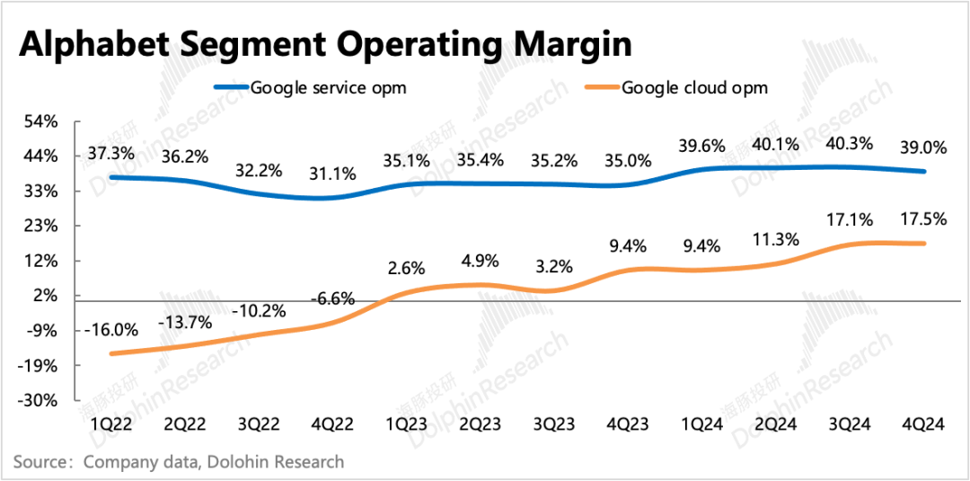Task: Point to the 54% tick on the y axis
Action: click(40, 121)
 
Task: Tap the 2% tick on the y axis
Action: click(45, 296)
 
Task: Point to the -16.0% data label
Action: click(112, 329)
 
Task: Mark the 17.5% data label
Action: click(922, 218)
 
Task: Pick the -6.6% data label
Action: click(334, 298)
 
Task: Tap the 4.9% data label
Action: click(480, 261)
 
